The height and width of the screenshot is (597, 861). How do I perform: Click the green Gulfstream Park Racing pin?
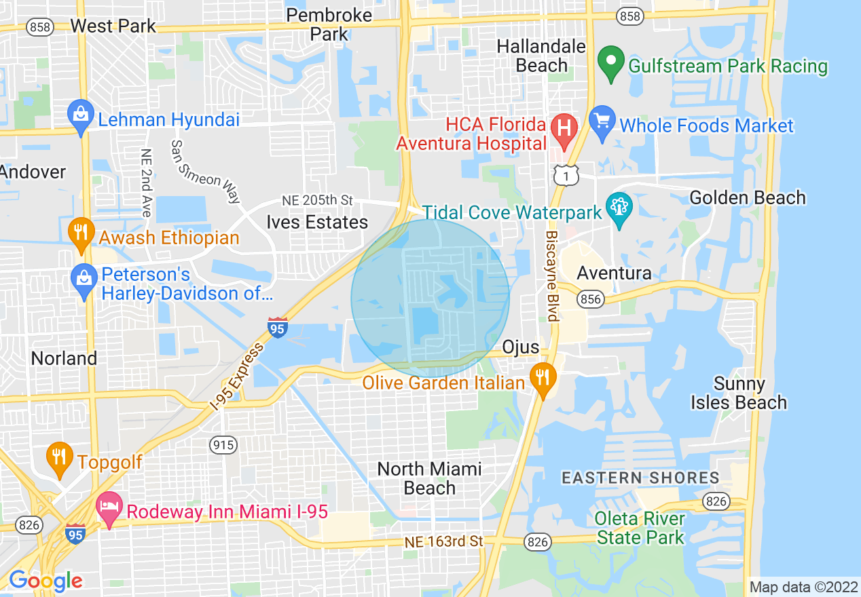click(611, 64)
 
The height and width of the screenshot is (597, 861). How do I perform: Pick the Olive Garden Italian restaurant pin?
click(542, 379)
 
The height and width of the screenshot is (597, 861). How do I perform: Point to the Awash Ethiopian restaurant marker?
click(81, 233)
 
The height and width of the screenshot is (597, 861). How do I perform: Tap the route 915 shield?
click(223, 445)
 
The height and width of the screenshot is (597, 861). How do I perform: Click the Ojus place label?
click(521, 347)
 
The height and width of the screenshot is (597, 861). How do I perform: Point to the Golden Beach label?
click(748, 197)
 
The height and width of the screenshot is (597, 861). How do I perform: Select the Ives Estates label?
click(317, 222)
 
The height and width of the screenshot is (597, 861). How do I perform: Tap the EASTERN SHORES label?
click(640, 478)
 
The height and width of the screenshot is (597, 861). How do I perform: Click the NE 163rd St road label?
click(444, 541)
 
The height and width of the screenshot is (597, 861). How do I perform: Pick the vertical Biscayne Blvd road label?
click(551, 275)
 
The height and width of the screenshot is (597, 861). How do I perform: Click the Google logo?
click(45, 581)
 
